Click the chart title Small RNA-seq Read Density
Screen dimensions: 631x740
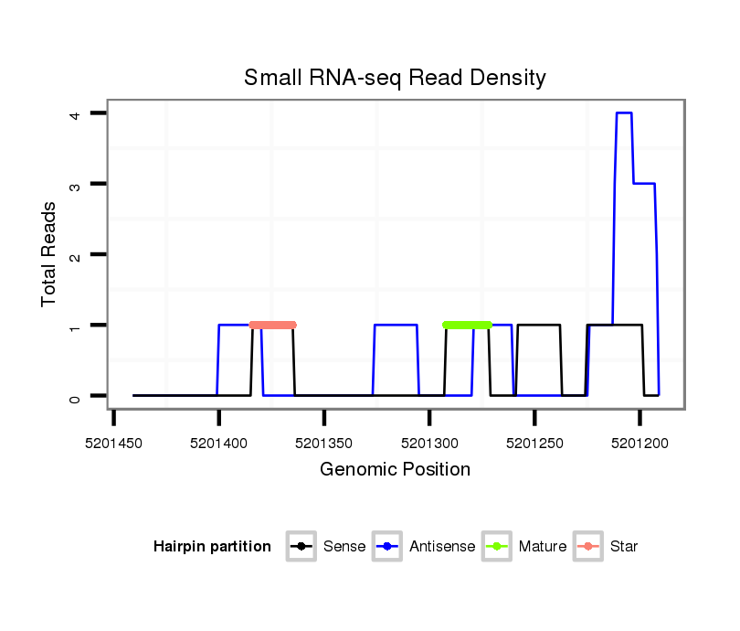[x=395, y=78]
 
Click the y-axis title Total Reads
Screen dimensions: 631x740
[x=49, y=254]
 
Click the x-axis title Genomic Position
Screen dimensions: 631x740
[x=395, y=469]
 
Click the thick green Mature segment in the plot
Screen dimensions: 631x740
[x=467, y=325]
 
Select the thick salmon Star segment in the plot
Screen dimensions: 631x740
[x=272, y=325]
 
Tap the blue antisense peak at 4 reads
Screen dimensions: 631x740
[x=624, y=112]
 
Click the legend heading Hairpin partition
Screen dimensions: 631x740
[x=212, y=547]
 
